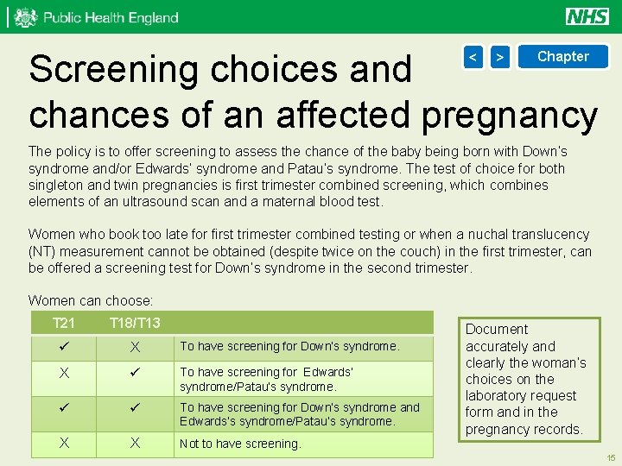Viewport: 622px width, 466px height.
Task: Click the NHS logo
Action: [x=587, y=16]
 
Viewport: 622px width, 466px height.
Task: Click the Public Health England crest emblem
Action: [x=26, y=17]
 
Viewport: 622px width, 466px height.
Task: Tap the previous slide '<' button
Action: [x=473, y=57]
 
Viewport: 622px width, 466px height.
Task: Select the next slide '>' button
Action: [x=499, y=57]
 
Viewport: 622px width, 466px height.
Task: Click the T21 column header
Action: [x=64, y=323]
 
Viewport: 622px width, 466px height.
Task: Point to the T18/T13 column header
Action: [x=134, y=323]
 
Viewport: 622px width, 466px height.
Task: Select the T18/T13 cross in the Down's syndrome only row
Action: [x=135, y=347]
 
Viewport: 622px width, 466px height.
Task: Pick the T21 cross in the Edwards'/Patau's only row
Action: [x=64, y=374]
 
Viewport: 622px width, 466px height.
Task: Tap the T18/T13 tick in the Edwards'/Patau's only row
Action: [x=135, y=374]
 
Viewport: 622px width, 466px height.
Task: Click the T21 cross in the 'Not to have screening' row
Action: [x=64, y=443]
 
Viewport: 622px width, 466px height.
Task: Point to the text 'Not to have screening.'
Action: [x=240, y=444]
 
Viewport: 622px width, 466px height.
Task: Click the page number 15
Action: [x=611, y=457]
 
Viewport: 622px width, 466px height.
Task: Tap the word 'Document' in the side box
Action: [x=497, y=330]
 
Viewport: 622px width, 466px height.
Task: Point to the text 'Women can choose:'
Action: [x=91, y=300]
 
